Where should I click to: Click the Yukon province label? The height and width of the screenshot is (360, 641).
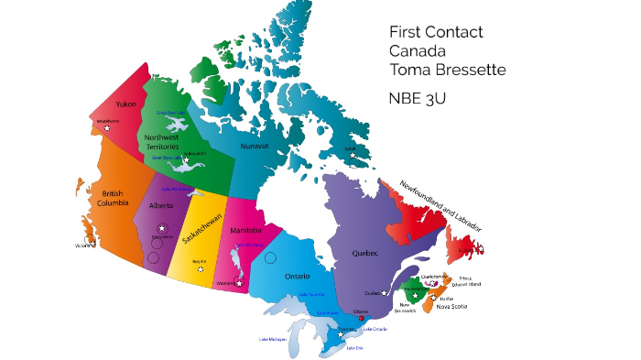[125, 104]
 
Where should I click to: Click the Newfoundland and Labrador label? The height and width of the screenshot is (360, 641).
[440, 207]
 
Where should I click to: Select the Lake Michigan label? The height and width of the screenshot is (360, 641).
[272, 340]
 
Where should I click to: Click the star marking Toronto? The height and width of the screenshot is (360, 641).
[341, 334]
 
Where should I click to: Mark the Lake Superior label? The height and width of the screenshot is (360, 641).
[311, 295]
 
